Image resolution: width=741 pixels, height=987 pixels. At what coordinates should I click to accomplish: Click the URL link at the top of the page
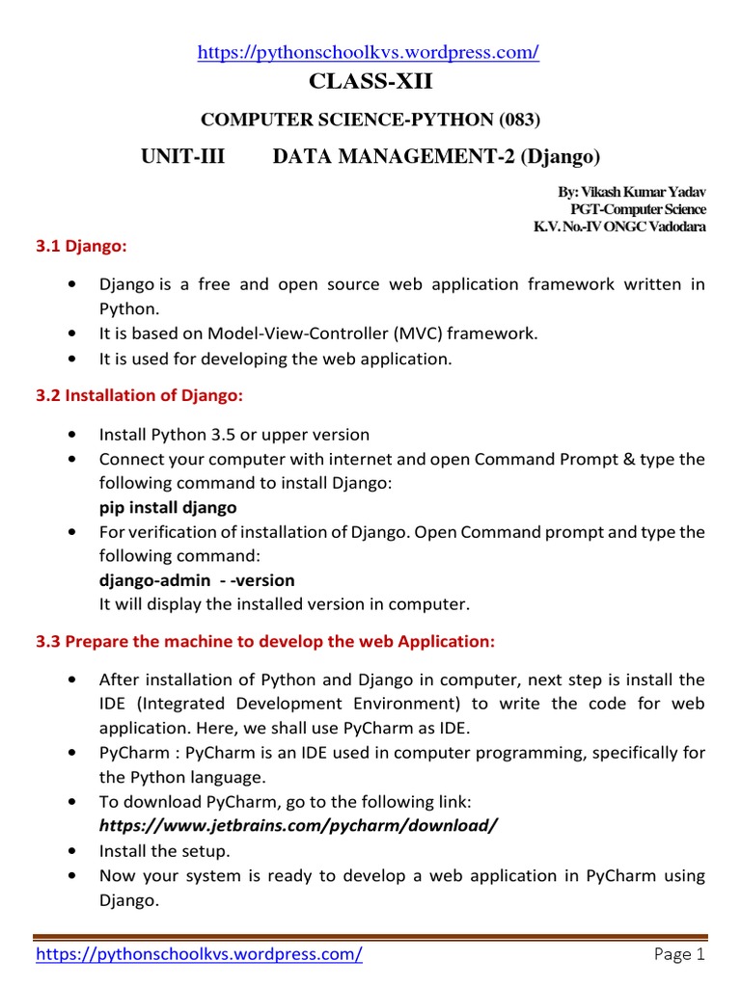tap(368, 54)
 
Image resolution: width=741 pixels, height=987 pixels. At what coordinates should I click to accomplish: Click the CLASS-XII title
tap(370, 84)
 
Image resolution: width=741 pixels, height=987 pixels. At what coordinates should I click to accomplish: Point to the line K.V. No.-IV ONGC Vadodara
tap(619, 227)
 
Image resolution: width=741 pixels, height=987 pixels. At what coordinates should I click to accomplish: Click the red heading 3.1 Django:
tap(81, 247)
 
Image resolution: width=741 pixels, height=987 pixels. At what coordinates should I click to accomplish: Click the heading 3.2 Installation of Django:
tap(139, 395)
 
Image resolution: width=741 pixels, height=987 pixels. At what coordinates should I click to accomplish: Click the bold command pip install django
tap(168, 507)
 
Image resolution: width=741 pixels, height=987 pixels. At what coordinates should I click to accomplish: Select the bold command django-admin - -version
tap(197, 580)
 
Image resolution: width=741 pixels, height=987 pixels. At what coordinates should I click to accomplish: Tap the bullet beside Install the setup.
tap(73, 851)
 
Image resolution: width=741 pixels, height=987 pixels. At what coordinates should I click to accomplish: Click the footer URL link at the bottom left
tap(199, 955)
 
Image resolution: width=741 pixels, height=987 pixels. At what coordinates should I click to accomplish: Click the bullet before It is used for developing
tap(73, 359)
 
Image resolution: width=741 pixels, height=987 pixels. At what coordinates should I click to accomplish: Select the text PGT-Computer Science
tap(638, 209)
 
